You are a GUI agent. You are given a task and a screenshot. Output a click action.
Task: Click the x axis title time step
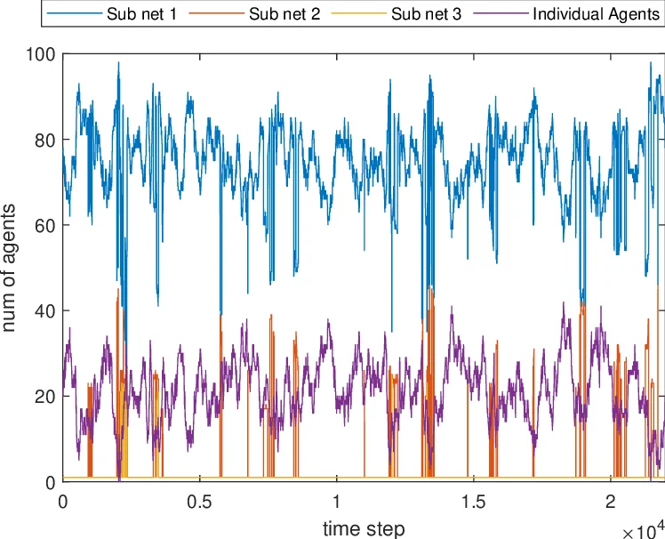click(364, 527)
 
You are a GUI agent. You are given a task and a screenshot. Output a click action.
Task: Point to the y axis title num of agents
click(12, 268)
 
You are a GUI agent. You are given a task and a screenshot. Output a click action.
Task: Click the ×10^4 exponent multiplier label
click(643, 529)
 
